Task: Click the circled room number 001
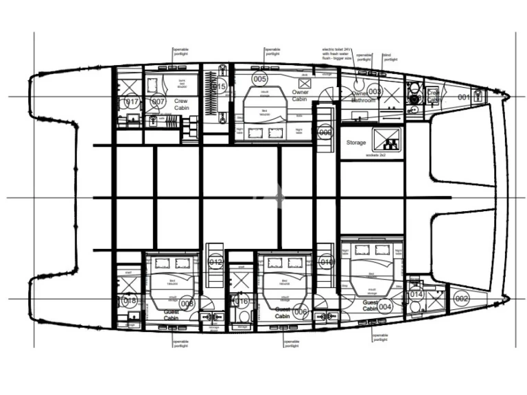pyautogui.click(x=465, y=97)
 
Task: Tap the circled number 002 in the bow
pyautogui.click(x=461, y=298)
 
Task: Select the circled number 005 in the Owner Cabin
pyautogui.click(x=259, y=79)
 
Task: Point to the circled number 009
pyautogui.click(x=325, y=132)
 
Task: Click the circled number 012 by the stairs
pyautogui.click(x=215, y=263)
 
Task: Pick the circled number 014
pyautogui.click(x=416, y=295)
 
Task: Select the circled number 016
pyautogui.click(x=241, y=301)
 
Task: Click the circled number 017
pyautogui.click(x=131, y=102)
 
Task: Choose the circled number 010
pyautogui.click(x=326, y=263)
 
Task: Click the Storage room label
pyautogui.click(x=356, y=143)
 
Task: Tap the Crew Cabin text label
pyautogui.click(x=181, y=104)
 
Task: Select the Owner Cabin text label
pyautogui.click(x=300, y=95)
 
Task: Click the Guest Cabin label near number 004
pyautogui.click(x=371, y=305)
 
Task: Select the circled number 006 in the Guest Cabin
pyautogui.click(x=299, y=311)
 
